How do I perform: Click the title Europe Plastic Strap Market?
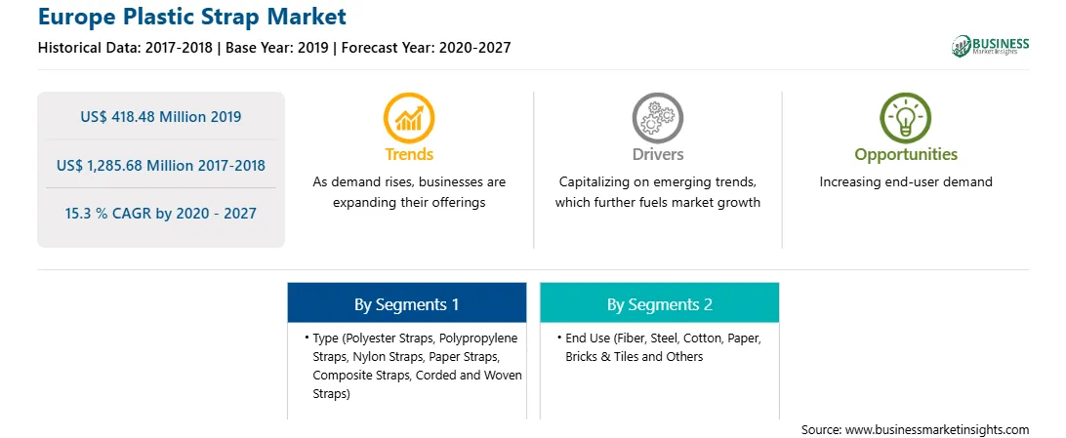[x=192, y=16]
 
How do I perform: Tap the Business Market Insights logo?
[x=990, y=46]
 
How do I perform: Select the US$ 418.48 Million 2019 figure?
[x=160, y=116]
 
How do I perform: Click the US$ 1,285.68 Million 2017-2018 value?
[x=160, y=165]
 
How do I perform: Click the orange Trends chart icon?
[x=409, y=117]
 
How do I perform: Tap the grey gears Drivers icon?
[x=657, y=117]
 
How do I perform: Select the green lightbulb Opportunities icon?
[x=906, y=117]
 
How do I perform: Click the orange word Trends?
[x=409, y=154]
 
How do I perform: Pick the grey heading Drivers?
[x=657, y=154]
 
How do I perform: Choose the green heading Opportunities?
[x=906, y=155]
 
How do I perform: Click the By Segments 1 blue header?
[x=406, y=302]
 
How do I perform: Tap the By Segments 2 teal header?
[x=660, y=302]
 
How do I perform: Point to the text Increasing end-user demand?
[x=906, y=182]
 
